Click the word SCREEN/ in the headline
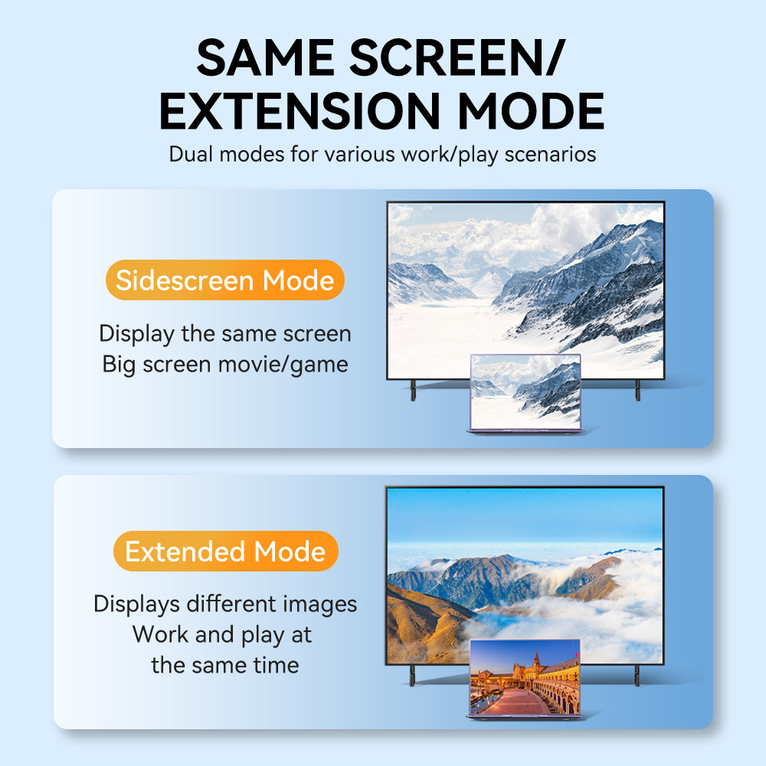pos(457,58)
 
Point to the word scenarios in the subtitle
pos(550,155)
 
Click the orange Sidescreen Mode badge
pos(225,280)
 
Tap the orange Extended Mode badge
pos(225,551)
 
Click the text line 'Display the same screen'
pos(225,334)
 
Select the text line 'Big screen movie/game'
pos(225,365)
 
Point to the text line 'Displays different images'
pos(225,604)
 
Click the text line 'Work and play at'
pos(222,634)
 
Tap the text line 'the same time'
pos(225,665)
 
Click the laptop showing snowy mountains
pos(525,394)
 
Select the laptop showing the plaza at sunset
pos(525,679)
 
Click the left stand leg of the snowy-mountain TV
pos(414,391)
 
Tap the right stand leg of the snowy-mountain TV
pos(637,391)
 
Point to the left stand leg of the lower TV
pos(412,676)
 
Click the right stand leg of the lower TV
pos(637,676)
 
